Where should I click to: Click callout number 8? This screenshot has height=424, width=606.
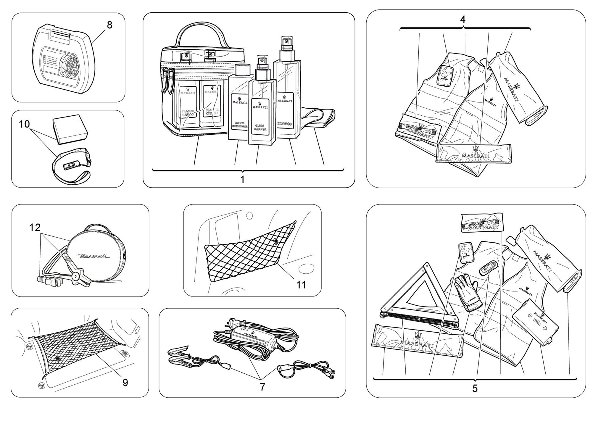[109, 25]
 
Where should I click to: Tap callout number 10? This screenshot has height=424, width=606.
[24, 124]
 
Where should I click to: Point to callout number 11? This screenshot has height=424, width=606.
[301, 285]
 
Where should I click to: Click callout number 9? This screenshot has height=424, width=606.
[125, 383]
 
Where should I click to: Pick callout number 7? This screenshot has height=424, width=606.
[262, 387]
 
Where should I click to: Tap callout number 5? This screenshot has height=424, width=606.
[475, 388]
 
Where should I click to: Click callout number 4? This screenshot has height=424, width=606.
[462, 20]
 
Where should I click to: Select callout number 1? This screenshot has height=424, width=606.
[242, 180]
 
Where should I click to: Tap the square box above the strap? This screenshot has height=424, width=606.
[70, 128]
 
